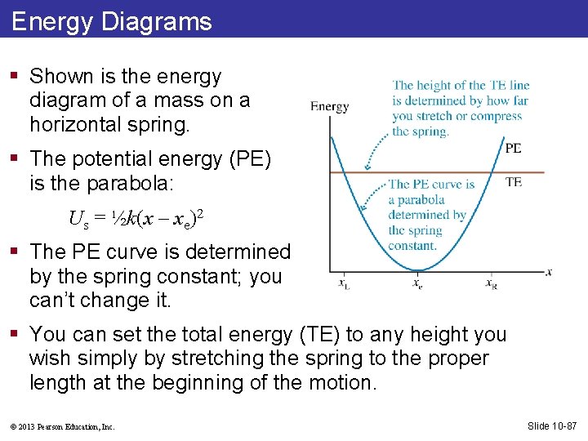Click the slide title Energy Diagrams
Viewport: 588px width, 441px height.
112,21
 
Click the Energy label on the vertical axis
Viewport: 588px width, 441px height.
329,106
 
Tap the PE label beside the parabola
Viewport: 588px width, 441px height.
513,148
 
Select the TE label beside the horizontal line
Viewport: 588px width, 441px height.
513,181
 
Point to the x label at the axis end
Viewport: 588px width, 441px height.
549,271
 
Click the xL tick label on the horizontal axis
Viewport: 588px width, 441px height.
344,284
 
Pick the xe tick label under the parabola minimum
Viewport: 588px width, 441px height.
417,284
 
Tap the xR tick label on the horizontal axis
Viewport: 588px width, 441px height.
491,284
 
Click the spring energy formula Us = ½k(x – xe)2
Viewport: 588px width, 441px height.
136,218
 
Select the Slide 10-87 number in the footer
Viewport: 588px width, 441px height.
553,425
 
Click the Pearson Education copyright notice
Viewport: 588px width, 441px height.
63,426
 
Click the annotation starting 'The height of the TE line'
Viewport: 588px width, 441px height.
460,108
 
